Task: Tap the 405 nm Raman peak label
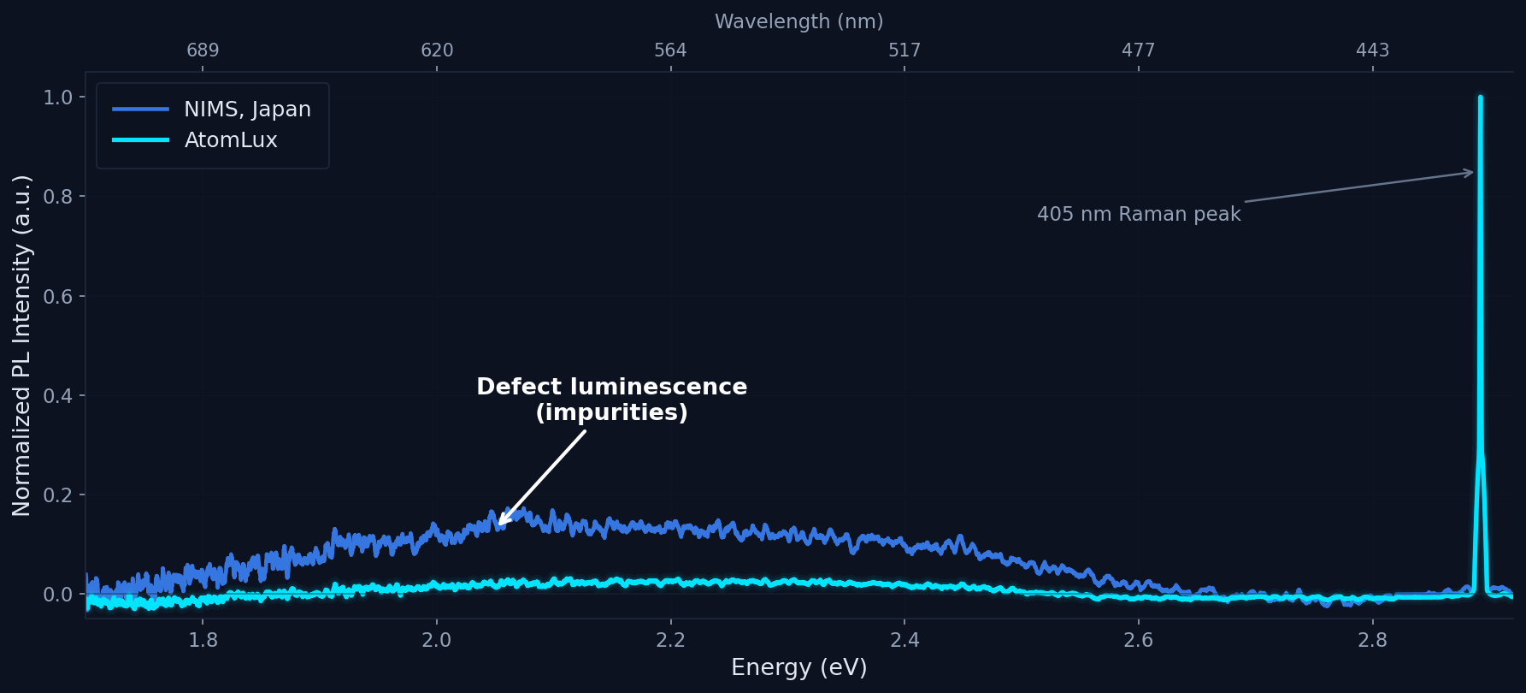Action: tap(1138, 214)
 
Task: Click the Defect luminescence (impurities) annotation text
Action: tap(611, 400)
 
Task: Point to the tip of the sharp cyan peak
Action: tap(1480, 98)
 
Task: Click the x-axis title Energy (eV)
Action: tap(798, 667)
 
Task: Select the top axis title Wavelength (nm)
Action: tap(798, 21)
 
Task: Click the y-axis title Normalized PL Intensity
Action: tap(22, 346)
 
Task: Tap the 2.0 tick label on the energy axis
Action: tap(437, 640)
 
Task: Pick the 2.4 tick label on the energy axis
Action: tap(904, 640)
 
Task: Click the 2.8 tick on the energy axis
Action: tap(1372, 640)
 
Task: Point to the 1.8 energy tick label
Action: tap(203, 640)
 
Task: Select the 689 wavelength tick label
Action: tap(203, 50)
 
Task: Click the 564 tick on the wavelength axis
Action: tap(670, 50)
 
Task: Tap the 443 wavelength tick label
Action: tap(1372, 50)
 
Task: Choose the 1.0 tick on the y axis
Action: tap(59, 98)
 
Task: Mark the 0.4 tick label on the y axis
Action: tap(59, 395)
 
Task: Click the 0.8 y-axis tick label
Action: tap(59, 197)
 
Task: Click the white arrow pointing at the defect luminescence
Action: tap(542, 477)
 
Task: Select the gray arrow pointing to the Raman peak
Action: tap(1359, 187)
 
